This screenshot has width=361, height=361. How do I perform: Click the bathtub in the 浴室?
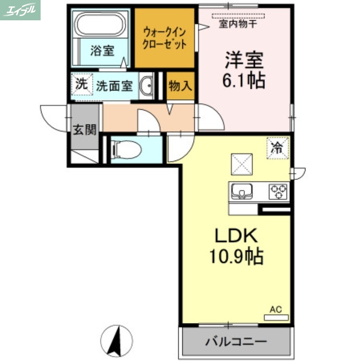tap(101, 24)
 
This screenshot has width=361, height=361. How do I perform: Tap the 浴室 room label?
tap(102, 51)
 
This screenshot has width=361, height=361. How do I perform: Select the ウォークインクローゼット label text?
tap(165, 38)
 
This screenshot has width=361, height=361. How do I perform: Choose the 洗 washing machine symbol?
tap(81, 84)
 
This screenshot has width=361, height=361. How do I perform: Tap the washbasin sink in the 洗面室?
tap(147, 85)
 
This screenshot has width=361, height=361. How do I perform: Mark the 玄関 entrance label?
tap(84, 130)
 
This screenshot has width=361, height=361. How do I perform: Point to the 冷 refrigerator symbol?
tap(278, 147)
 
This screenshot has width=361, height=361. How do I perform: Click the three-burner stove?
tap(278, 191)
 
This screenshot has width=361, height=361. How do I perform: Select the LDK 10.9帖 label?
tap(235, 246)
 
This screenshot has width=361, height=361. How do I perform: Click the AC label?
tap(276, 310)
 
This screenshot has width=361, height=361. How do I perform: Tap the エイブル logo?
tap(20, 10)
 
